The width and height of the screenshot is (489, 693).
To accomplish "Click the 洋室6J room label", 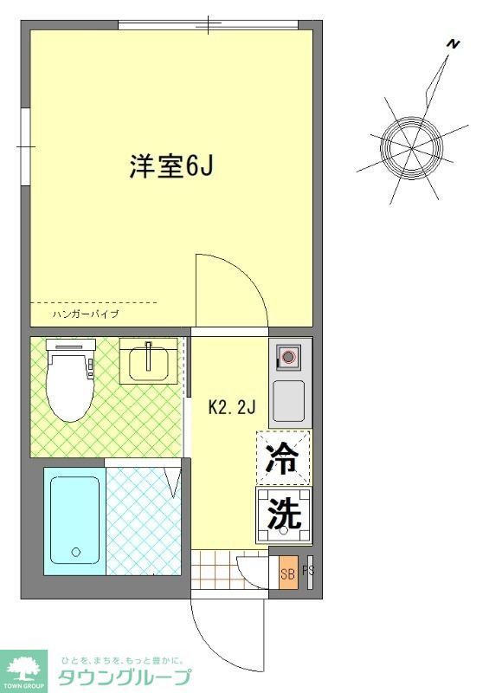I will (171, 167).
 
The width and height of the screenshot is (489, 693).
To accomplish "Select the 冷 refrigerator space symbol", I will (283, 457).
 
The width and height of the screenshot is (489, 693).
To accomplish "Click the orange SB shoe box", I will (287, 572).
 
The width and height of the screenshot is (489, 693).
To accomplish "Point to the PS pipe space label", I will (306, 572).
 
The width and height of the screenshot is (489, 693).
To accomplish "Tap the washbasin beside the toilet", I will (151, 361).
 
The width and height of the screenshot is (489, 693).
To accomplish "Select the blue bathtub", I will (74, 521).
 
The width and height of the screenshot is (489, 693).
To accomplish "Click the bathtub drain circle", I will (75, 552).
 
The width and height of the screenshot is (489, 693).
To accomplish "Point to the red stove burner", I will (288, 356).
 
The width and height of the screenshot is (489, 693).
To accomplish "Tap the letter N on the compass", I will (451, 43).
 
